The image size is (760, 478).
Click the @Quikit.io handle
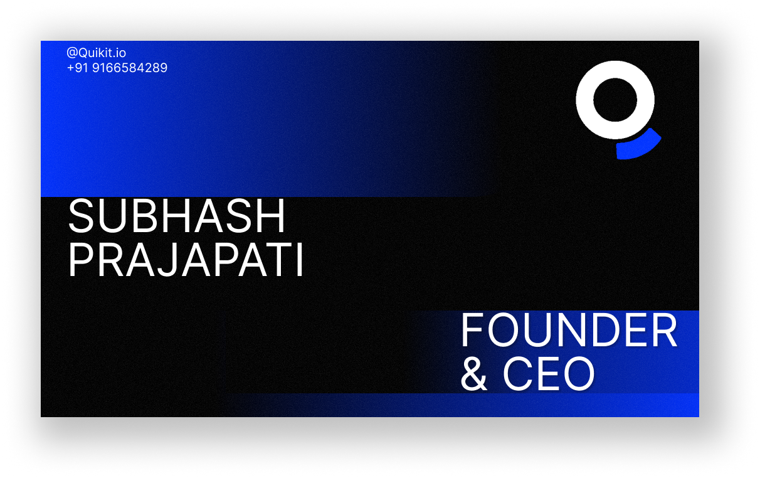(97, 53)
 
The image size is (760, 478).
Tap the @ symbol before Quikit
(72, 53)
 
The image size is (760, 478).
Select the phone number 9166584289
(130, 68)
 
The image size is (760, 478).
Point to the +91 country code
(78, 68)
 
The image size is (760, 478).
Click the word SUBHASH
(176, 216)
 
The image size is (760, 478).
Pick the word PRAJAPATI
(186, 260)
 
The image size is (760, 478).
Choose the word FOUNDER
(569, 331)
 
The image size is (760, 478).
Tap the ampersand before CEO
(474, 373)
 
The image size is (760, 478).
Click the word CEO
(549, 373)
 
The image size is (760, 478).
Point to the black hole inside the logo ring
(615, 100)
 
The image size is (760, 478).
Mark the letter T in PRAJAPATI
(277, 260)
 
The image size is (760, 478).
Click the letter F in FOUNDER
(472, 331)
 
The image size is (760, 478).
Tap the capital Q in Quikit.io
(84, 53)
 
